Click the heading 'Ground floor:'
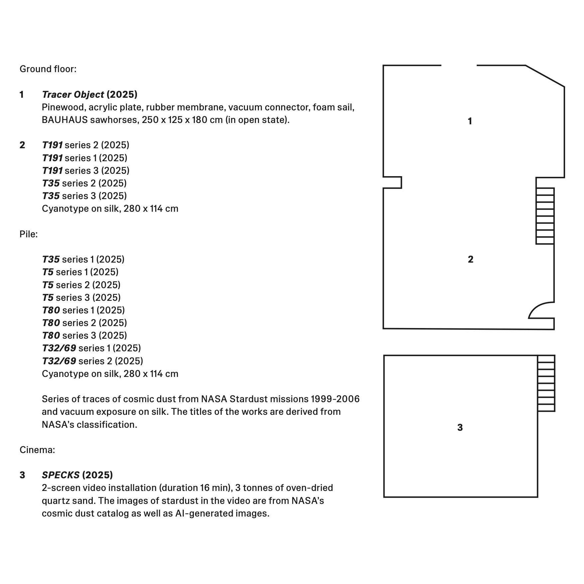pos(48,69)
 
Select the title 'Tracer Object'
pos(73,95)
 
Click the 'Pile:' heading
pos(29,234)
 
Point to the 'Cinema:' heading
pos(37,450)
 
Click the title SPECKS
pos(60,475)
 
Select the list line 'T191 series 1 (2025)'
pos(84,158)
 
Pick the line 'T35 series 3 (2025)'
pos(84,196)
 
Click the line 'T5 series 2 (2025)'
pos(81,285)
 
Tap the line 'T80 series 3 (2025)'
pos(84,335)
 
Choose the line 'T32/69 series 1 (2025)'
pos(91,348)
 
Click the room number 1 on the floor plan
pos(470,121)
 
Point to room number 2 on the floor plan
pos(470,259)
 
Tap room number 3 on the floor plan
pos(460,427)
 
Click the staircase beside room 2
pos(545,216)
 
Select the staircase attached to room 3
pos(546,383)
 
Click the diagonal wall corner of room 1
pos(545,76)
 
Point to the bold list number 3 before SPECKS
pos(22,475)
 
